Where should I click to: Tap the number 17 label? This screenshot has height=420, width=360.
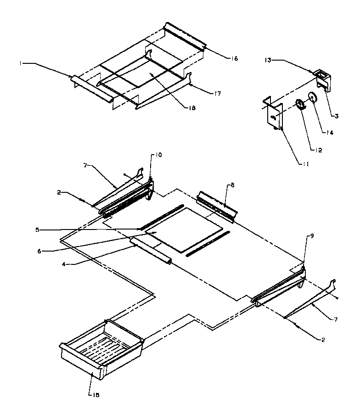tap(217, 94)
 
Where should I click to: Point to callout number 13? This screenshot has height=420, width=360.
tap(267, 59)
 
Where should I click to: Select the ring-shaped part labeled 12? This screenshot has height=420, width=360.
tap(300, 105)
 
